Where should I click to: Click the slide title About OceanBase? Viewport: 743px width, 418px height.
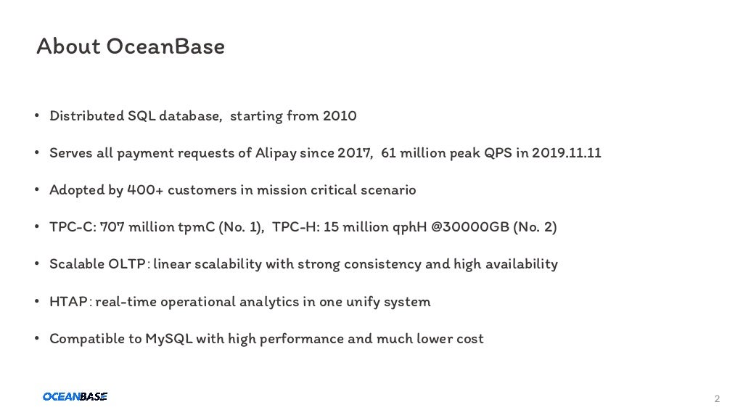[131, 47]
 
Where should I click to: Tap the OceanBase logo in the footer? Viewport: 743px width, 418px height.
[75, 396]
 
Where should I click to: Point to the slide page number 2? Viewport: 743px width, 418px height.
[717, 399]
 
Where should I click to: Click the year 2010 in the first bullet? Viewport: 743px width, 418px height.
[340, 116]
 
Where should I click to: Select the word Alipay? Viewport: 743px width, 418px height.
[274, 153]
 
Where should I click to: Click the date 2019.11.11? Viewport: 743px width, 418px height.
[566, 153]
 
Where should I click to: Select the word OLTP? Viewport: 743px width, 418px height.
[127, 264]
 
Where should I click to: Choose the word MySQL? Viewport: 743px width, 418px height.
[169, 339]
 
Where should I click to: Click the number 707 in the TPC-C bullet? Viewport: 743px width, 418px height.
[112, 227]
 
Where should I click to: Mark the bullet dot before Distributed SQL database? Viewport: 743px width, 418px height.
[36, 116]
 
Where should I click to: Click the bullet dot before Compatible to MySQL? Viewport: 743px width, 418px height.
[36, 339]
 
